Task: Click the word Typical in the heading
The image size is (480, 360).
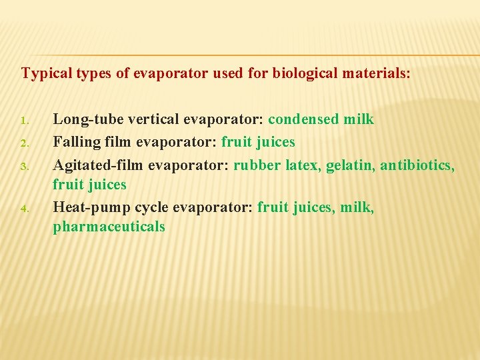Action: pyautogui.click(x=44, y=73)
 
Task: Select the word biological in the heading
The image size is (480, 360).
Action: pyautogui.click(x=301, y=73)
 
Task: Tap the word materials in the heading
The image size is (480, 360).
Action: pyautogui.click(x=373, y=73)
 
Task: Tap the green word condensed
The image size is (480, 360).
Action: pyautogui.click(x=303, y=120)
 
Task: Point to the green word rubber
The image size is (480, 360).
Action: pyautogui.click(x=257, y=164)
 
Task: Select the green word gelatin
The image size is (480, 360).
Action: pyautogui.click(x=350, y=164)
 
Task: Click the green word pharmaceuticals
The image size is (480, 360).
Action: pyautogui.click(x=109, y=227)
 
